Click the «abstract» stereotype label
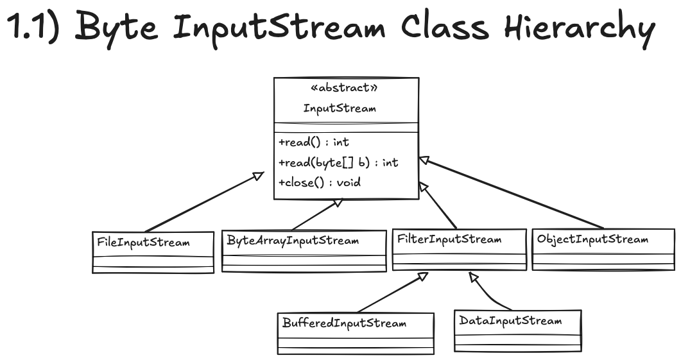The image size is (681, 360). click(339, 88)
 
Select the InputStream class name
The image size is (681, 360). click(340, 108)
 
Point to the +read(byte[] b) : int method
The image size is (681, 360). click(338, 162)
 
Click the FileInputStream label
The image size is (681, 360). click(143, 243)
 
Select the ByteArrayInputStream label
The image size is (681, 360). click(293, 241)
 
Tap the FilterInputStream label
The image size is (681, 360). click(449, 239)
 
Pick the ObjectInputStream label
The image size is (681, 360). click(592, 239)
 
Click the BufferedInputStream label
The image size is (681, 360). click(344, 322)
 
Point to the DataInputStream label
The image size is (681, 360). click(510, 320)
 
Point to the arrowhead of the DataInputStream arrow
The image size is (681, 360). click(473, 277)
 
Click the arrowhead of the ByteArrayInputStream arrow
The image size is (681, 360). click(335, 204)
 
